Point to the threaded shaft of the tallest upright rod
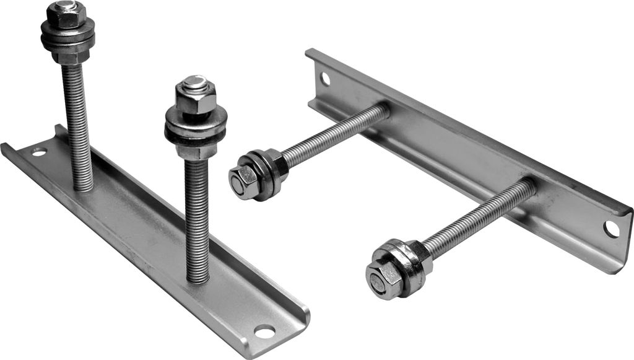[x=77, y=118]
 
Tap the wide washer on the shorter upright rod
[x=196, y=127]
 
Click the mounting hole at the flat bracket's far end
[x=39, y=152]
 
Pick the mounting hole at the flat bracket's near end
[x=264, y=331]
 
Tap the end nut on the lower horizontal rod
[x=378, y=281]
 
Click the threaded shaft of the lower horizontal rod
[x=477, y=217]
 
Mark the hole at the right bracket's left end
[x=325, y=79]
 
